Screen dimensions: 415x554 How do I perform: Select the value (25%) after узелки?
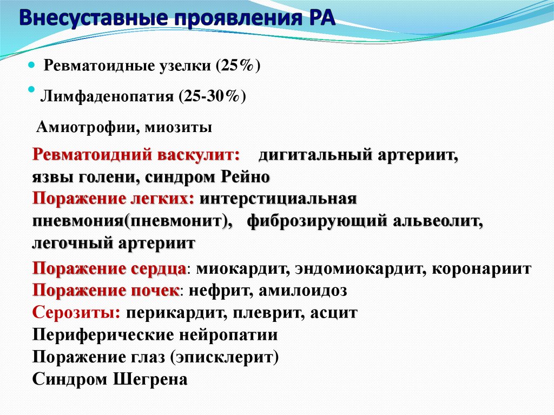pyautogui.click(x=238, y=66)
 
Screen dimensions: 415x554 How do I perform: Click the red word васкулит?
pyautogui.click(x=199, y=155)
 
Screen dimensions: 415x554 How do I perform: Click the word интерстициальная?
pyautogui.click(x=278, y=199)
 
